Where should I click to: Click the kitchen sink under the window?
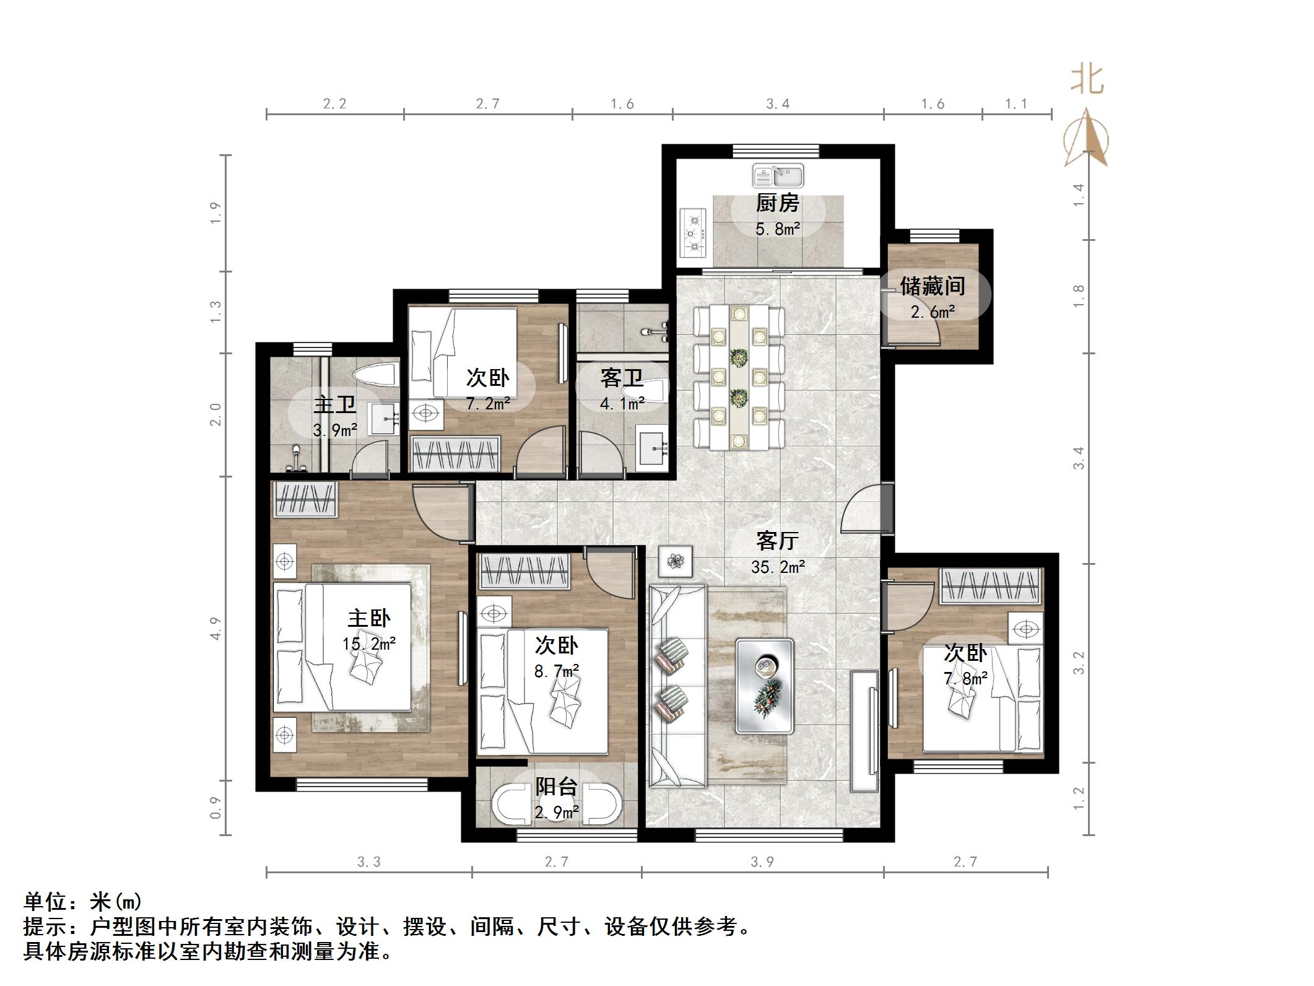coord(778,176)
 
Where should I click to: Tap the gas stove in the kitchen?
coord(694,233)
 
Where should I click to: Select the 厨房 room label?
coord(777,203)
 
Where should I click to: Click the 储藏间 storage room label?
coord(933,286)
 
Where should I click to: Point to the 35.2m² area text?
coord(778,567)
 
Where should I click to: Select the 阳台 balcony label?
coord(556,787)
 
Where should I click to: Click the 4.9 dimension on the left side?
coord(215,628)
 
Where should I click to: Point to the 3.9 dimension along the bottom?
coord(762,862)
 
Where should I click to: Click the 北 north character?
coord(1087,81)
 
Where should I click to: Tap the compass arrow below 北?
coord(1087,139)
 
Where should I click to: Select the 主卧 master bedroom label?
coord(369,617)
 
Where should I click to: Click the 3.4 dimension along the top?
coord(778,104)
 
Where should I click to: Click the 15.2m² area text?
coord(369,644)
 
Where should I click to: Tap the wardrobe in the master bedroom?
coord(305,499)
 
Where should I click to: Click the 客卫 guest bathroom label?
coord(622,378)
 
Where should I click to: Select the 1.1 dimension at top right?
coord(1016,104)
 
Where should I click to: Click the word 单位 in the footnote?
coord(45,902)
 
